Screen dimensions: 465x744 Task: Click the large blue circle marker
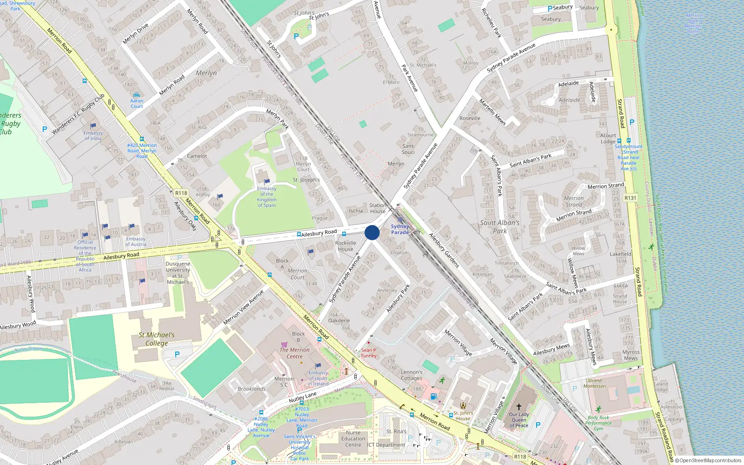[372, 232]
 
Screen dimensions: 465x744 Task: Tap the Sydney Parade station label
[400, 229]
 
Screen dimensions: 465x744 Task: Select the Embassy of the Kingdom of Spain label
[266, 197]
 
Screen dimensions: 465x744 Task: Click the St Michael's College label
[157, 339]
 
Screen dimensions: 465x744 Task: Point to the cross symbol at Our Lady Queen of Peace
[519, 406]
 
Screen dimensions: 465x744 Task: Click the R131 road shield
[630, 198]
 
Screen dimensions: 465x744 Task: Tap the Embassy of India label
[93, 135]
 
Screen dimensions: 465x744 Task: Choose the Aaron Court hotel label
[137, 103]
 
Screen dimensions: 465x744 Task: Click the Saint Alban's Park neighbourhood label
[499, 226]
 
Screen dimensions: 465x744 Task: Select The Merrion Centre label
[294, 353]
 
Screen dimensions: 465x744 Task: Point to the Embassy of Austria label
[136, 241]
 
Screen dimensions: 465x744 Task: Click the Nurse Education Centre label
[353, 438]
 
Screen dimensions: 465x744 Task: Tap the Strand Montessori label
[595, 383]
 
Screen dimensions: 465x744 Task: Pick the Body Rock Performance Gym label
[598, 423]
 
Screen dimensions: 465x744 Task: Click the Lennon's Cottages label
[412, 375]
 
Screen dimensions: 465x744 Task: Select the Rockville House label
[345, 246]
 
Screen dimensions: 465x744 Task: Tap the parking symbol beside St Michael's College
[177, 354]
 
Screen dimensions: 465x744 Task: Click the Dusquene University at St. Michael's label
[178, 272]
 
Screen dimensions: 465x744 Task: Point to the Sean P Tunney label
[368, 353]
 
